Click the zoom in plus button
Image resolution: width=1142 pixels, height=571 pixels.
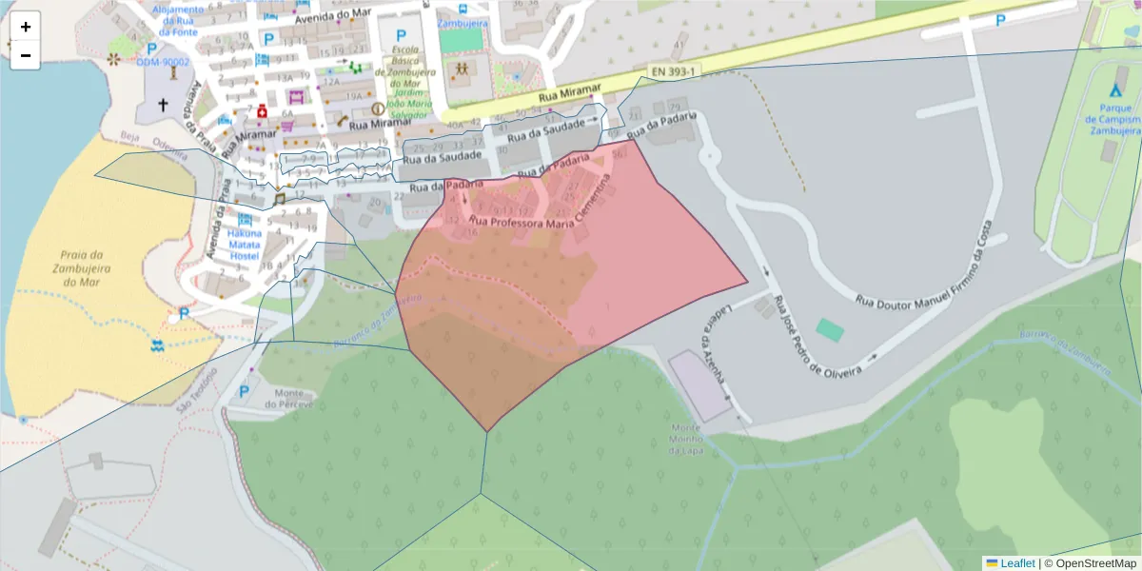(x=25, y=27)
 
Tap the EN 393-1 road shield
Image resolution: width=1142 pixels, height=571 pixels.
(x=673, y=72)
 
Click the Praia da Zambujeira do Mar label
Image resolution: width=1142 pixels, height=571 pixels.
(x=81, y=268)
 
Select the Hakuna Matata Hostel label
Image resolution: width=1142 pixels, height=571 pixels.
(x=245, y=245)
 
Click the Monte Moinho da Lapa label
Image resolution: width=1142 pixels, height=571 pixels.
(x=685, y=440)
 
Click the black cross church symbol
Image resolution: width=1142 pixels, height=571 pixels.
(x=162, y=105)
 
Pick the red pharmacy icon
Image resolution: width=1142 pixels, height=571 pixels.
(x=261, y=112)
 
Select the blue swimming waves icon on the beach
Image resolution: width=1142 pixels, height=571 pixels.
(x=157, y=345)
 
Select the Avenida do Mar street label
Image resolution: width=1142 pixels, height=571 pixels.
(x=330, y=16)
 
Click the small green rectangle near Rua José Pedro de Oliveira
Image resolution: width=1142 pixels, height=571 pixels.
(x=830, y=330)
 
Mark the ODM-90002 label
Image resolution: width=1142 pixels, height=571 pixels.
(x=163, y=62)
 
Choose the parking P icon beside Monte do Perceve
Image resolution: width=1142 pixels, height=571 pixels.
(x=245, y=391)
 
